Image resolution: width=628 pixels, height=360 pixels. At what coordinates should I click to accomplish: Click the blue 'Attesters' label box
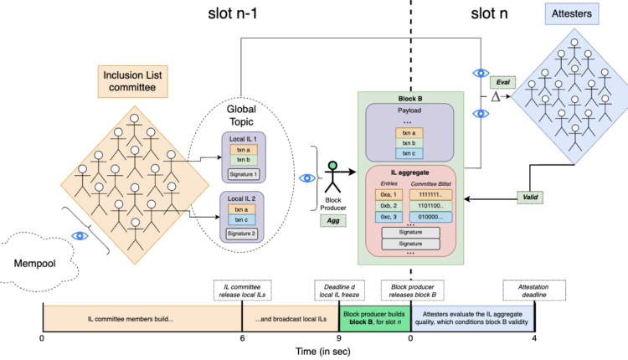coord(571,14)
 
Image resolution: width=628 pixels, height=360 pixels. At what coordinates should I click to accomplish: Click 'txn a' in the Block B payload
coord(408,131)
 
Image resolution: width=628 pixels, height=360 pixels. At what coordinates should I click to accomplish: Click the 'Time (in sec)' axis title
coord(289,352)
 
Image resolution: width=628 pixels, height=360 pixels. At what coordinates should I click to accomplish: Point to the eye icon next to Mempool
coord(80,235)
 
